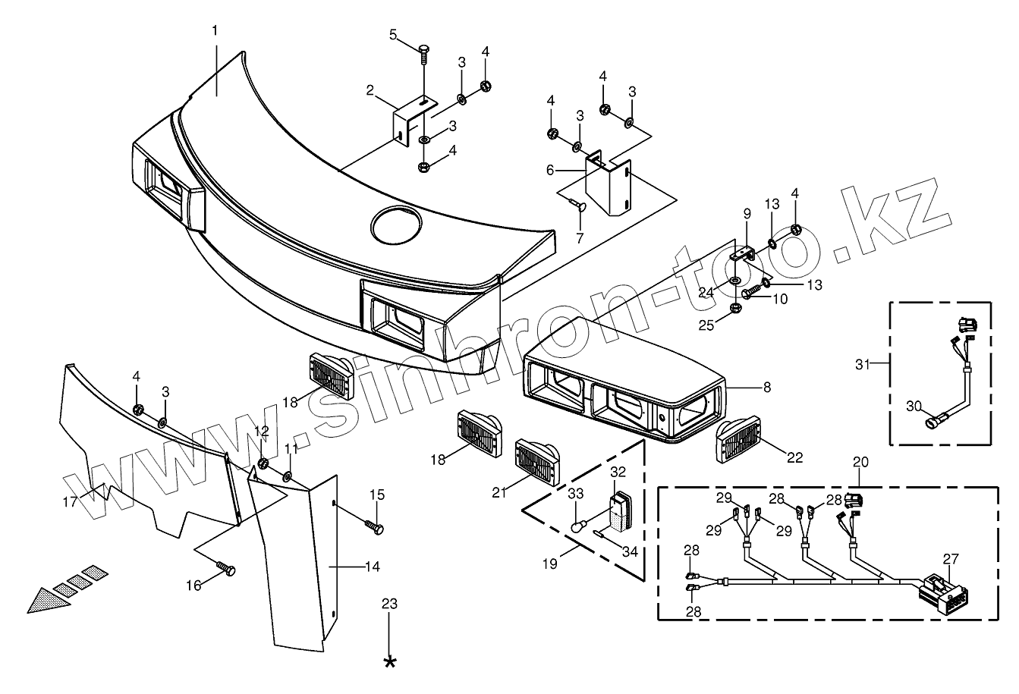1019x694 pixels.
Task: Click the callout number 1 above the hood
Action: point(215,30)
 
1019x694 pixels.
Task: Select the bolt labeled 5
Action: point(423,52)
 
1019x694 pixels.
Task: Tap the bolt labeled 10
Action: point(752,290)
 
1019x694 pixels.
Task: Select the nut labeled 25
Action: point(734,308)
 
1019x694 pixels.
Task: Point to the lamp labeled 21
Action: point(537,461)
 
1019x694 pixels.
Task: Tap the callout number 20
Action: point(860,462)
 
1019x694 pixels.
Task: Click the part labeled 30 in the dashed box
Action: point(929,416)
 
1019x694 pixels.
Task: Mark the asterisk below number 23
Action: point(390,662)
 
